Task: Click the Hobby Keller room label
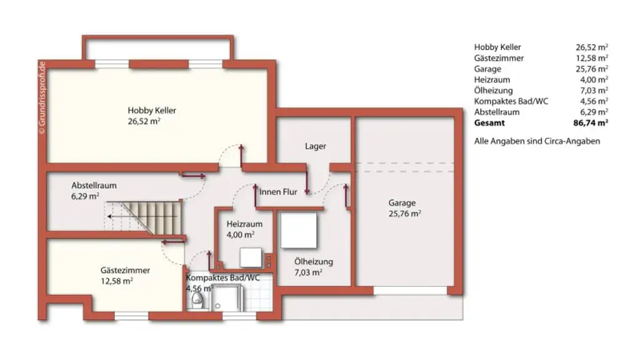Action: click(x=152, y=111)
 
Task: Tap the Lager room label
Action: click(x=315, y=146)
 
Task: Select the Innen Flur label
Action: click(x=278, y=192)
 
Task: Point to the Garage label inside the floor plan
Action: click(x=402, y=202)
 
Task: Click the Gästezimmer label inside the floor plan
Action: click(x=125, y=271)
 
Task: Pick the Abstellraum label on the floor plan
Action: click(x=94, y=186)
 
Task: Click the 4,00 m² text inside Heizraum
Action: click(x=240, y=235)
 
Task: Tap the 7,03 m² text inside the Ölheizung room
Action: click(x=308, y=272)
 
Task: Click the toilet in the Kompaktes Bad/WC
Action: click(x=197, y=302)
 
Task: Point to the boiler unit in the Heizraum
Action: click(x=252, y=257)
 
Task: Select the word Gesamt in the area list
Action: click(x=489, y=123)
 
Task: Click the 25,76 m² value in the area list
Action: click(x=592, y=69)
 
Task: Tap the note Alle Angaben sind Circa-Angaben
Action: click(x=537, y=141)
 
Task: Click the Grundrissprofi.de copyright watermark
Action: click(x=42, y=97)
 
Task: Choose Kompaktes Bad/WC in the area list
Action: click(x=511, y=101)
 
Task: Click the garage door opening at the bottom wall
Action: click(x=411, y=291)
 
